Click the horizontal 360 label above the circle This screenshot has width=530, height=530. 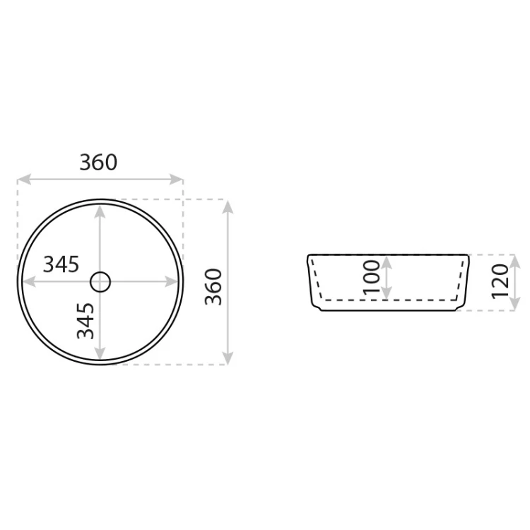point(98,163)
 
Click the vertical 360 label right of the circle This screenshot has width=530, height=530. point(213,287)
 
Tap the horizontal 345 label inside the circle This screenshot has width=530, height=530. point(61,264)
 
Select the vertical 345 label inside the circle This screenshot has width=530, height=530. point(86,321)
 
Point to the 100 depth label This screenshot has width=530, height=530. point(372,277)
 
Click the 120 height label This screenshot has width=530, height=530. point(500,281)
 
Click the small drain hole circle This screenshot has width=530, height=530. point(100,282)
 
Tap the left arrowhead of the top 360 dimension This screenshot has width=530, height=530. point(24,179)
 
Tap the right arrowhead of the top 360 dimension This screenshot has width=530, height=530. point(176,179)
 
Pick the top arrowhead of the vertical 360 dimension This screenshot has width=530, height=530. point(228,206)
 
